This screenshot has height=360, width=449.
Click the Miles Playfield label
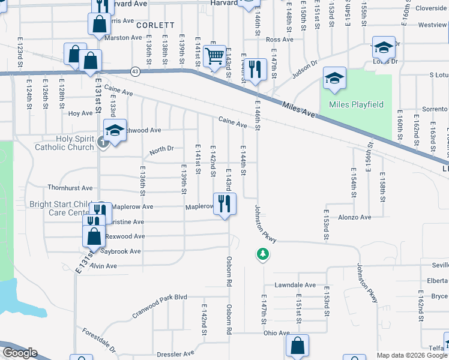356,105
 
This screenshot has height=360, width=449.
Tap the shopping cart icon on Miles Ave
214,57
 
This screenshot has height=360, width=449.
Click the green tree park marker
262,254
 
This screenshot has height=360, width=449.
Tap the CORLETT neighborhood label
155,25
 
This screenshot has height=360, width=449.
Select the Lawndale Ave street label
295,285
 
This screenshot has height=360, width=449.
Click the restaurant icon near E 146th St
256,70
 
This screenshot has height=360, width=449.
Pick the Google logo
20,353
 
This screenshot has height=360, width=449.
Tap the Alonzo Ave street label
356,217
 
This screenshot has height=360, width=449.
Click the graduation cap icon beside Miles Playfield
334,78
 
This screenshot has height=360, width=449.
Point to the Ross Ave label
279,40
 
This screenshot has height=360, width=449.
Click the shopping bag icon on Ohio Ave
297,346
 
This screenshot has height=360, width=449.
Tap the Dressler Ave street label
176,354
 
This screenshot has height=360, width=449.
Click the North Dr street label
161,149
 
